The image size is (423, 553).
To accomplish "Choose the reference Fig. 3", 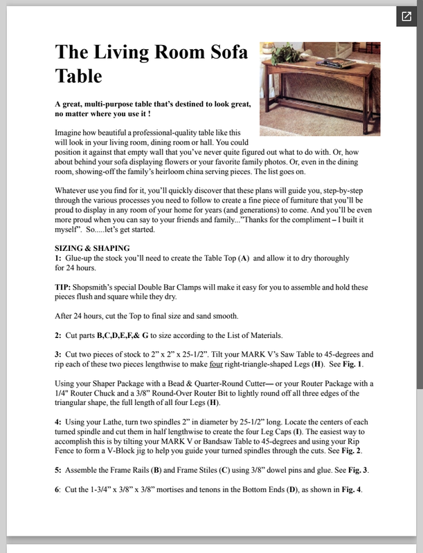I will point(352,471).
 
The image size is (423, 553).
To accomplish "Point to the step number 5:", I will point(59,471).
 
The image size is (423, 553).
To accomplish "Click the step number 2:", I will point(59,335).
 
